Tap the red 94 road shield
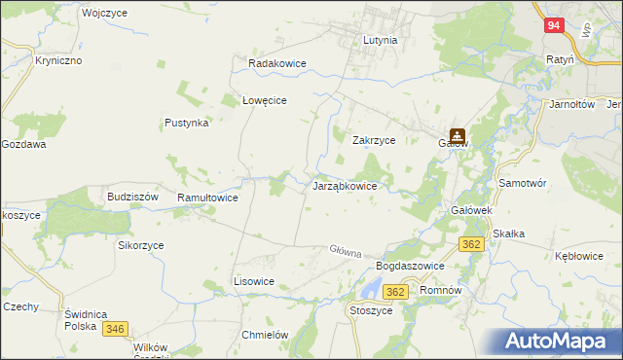[552, 27]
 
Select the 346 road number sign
[116, 329]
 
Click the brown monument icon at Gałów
[457, 137]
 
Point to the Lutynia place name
[380, 41]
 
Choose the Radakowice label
[277, 63]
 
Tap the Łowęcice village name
[263, 100]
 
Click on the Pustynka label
[187, 124]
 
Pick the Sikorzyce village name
[141, 245]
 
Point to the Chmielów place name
[265, 334]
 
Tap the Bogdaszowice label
[410, 266]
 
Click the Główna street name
[345, 250]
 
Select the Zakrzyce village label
[373, 140]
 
